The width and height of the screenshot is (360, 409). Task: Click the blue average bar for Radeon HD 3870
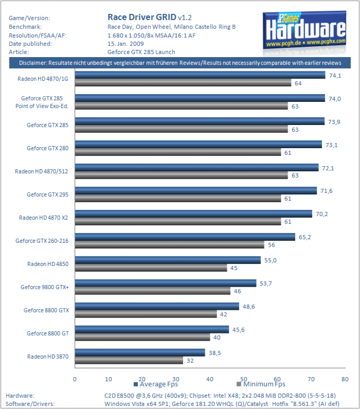click(x=140, y=352)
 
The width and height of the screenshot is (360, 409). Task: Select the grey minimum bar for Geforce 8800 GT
click(x=142, y=337)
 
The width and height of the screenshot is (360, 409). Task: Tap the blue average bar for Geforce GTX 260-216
click(x=185, y=237)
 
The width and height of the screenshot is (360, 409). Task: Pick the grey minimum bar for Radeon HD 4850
click(x=151, y=268)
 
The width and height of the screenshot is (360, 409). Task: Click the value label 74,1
click(x=335, y=75)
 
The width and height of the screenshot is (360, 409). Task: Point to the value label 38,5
click(x=215, y=353)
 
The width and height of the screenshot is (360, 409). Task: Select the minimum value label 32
click(x=190, y=361)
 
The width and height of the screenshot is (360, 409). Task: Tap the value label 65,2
click(x=305, y=237)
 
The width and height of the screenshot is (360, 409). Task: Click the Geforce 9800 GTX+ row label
click(x=45, y=287)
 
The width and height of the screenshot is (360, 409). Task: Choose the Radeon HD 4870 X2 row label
click(x=44, y=218)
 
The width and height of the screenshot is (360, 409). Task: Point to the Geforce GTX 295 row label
click(x=48, y=195)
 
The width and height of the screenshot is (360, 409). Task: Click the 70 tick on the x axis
click(x=311, y=379)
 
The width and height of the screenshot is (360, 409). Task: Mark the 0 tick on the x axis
click(x=75, y=379)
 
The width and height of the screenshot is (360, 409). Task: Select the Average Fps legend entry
click(x=156, y=384)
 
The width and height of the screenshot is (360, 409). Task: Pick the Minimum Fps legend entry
click(x=261, y=384)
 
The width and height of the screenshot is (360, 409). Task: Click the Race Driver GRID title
click(x=142, y=17)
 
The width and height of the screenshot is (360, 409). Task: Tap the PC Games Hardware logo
click(x=304, y=33)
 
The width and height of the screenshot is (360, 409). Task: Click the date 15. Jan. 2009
click(x=125, y=44)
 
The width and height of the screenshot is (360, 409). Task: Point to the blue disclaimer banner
click(x=180, y=63)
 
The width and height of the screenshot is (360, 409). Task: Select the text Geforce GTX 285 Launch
click(x=141, y=52)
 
